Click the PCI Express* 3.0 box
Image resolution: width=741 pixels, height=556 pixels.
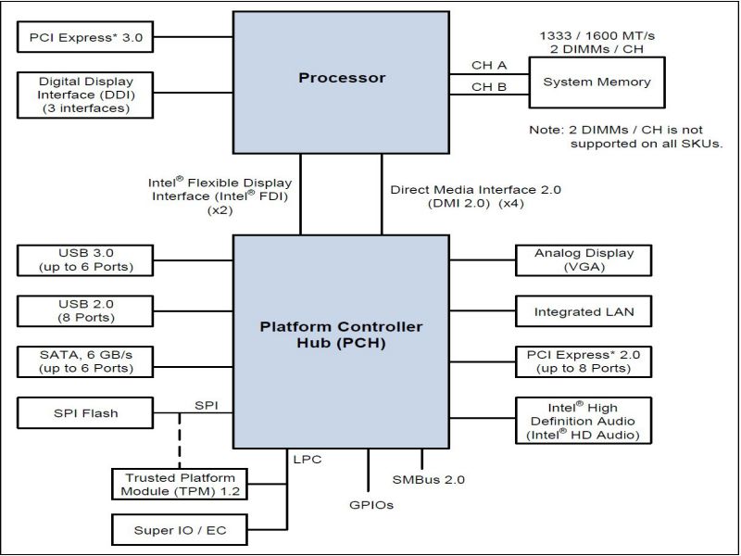click(85, 38)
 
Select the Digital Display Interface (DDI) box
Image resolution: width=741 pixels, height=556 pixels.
click(85, 95)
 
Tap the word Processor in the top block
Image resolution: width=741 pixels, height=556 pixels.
click(342, 78)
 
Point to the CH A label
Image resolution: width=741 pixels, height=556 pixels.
click(489, 67)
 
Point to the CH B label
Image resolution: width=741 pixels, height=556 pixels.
click(489, 87)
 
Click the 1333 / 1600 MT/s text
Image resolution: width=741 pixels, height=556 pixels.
click(596, 34)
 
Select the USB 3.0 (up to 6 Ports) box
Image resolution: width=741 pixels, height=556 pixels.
click(85, 260)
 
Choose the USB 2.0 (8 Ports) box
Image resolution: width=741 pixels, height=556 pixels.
click(85, 310)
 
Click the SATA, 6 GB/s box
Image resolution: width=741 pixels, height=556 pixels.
click(85, 361)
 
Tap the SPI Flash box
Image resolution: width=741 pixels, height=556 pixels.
click(85, 412)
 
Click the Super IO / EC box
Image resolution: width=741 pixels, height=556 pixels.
click(167, 531)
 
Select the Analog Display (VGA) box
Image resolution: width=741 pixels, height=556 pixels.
click(584, 260)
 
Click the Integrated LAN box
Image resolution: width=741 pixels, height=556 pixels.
click(584, 312)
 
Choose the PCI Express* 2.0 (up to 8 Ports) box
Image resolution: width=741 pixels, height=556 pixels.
click(584, 361)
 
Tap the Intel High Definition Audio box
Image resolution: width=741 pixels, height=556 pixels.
click(584, 421)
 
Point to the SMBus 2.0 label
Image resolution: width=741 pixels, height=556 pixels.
click(428, 479)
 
